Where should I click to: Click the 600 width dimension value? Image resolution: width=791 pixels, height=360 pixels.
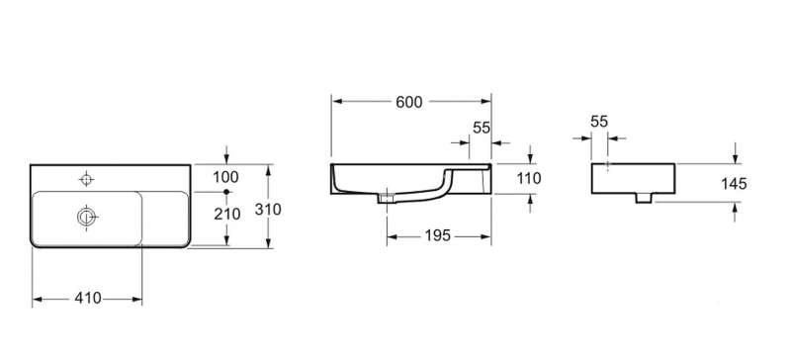tap(408, 102)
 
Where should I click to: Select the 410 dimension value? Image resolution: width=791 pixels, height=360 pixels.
tap(88, 299)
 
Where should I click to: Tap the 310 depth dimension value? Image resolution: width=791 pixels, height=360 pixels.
tap(268, 209)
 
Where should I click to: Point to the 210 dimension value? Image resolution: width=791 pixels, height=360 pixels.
tap(227, 214)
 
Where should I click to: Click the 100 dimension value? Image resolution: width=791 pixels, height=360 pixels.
tap(225, 177)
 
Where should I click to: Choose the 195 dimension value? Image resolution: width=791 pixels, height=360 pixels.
tap(437, 235)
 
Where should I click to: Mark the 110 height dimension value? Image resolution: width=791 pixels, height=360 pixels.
tap(529, 178)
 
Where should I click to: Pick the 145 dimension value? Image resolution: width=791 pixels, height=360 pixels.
tap(734, 184)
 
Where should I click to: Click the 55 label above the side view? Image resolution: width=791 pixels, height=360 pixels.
tap(599, 122)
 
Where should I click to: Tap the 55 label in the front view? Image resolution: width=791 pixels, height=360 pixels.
tap(482, 128)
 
